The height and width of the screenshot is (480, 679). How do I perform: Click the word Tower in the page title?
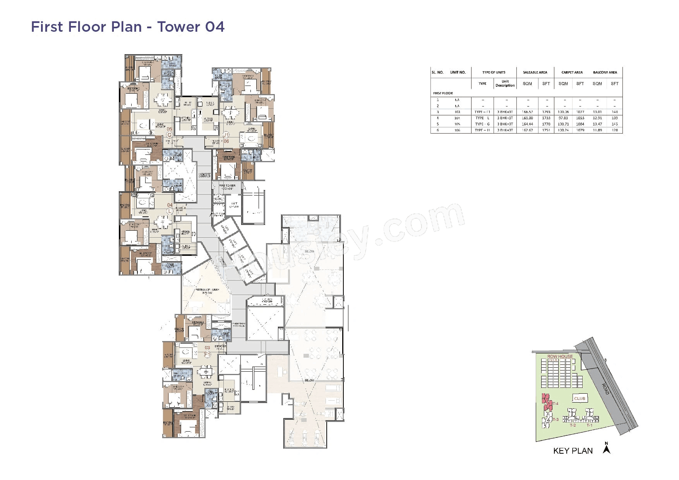[x=178, y=27]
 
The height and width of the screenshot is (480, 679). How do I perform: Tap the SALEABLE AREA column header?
[x=535, y=72]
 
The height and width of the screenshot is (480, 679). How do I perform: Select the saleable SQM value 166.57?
[x=527, y=112]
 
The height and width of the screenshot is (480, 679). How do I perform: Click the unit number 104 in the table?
[x=457, y=118]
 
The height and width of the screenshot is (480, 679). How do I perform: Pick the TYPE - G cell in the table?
[x=482, y=124]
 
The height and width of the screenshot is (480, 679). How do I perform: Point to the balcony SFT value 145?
[x=614, y=124]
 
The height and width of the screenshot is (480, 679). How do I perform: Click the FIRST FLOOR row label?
[x=443, y=93]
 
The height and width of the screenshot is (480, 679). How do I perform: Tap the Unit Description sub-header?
[x=505, y=84]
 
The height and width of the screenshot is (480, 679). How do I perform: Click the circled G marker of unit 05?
[x=169, y=135]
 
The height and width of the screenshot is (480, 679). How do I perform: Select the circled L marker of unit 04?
[x=169, y=211]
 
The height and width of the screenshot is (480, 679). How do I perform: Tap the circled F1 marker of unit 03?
[x=207, y=354]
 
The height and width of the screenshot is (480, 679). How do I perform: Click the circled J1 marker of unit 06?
[x=226, y=135]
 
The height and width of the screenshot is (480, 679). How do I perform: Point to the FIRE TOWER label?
[x=227, y=186]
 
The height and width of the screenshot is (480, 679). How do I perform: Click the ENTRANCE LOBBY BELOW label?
[x=207, y=291]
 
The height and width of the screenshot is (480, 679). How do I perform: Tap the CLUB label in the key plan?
[x=580, y=398]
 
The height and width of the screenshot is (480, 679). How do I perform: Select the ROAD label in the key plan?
[x=605, y=389]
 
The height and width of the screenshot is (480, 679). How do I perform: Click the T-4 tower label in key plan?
[x=555, y=404]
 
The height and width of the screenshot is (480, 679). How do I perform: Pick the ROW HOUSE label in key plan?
[x=560, y=356]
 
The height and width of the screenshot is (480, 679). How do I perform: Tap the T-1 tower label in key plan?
[x=589, y=425]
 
